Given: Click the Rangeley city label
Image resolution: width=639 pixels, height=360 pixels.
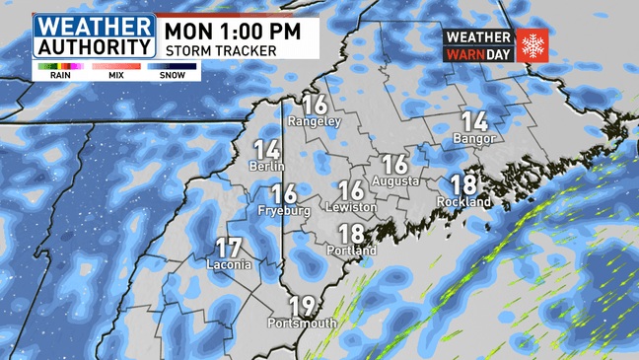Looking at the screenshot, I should click(x=314, y=121).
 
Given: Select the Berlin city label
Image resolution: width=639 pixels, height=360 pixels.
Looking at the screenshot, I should click(x=267, y=167).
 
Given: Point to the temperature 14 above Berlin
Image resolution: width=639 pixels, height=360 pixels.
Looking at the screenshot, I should click(x=267, y=150).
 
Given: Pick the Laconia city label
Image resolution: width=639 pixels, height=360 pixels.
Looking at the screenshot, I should click(x=229, y=264).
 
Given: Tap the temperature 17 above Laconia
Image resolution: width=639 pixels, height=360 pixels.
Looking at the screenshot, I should click(x=229, y=248).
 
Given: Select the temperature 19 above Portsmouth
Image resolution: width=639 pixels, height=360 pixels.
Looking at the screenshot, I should click(x=302, y=306).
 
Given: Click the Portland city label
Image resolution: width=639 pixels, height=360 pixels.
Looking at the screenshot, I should click(x=351, y=251).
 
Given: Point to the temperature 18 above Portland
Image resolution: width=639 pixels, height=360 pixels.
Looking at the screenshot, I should click(x=352, y=234).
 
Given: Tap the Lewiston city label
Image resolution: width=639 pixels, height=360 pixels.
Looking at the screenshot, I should click(x=351, y=208).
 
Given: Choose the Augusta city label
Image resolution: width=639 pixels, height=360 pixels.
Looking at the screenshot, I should click(x=395, y=181).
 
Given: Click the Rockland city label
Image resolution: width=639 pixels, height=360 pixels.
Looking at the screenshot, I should click(x=463, y=201).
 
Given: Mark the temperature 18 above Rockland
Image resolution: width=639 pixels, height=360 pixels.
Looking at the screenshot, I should click(x=463, y=184).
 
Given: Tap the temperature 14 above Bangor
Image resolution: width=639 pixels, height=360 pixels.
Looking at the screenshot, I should click(x=474, y=121).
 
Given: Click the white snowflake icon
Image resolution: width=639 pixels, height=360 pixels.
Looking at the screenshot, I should click(x=532, y=45).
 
